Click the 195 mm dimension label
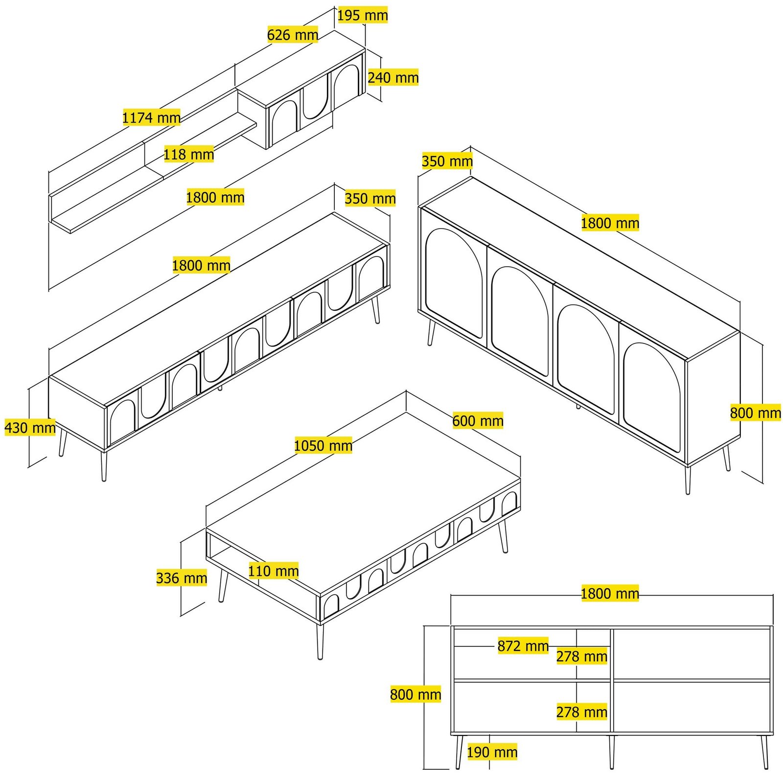click(x=363, y=15)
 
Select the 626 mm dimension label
click(x=293, y=35)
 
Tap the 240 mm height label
click(x=393, y=77)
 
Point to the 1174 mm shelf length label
click(x=151, y=117)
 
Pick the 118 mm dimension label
click(x=188, y=155)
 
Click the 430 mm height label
click(x=30, y=428)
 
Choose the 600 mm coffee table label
click(x=478, y=421)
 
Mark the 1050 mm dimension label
click(x=323, y=446)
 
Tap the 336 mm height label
click(x=182, y=578)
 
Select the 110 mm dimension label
click(x=273, y=571)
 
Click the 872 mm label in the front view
click(x=523, y=646)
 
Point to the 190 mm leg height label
click(x=492, y=752)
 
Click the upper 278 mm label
click(x=582, y=656)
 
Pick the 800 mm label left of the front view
click(x=415, y=694)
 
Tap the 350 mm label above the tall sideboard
click(x=447, y=161)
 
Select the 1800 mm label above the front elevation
click(x=610, y=594)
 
